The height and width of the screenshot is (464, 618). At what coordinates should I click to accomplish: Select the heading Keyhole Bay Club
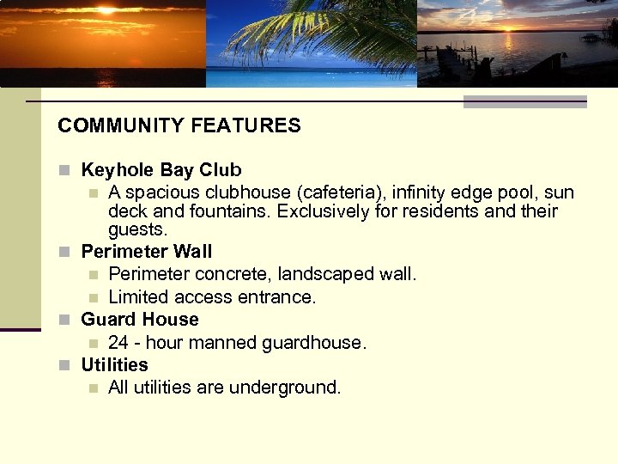(x=161, y=170)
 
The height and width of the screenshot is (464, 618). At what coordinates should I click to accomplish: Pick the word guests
(x=137, y=229)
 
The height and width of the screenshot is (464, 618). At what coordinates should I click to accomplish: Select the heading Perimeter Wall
(x=146, y=252)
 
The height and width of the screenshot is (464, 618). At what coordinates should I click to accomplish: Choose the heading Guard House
(x=139, y=320)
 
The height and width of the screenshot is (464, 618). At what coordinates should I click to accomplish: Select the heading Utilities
(x=114, y=364)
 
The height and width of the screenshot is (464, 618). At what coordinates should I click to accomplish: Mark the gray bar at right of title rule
(x=524, y=101)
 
